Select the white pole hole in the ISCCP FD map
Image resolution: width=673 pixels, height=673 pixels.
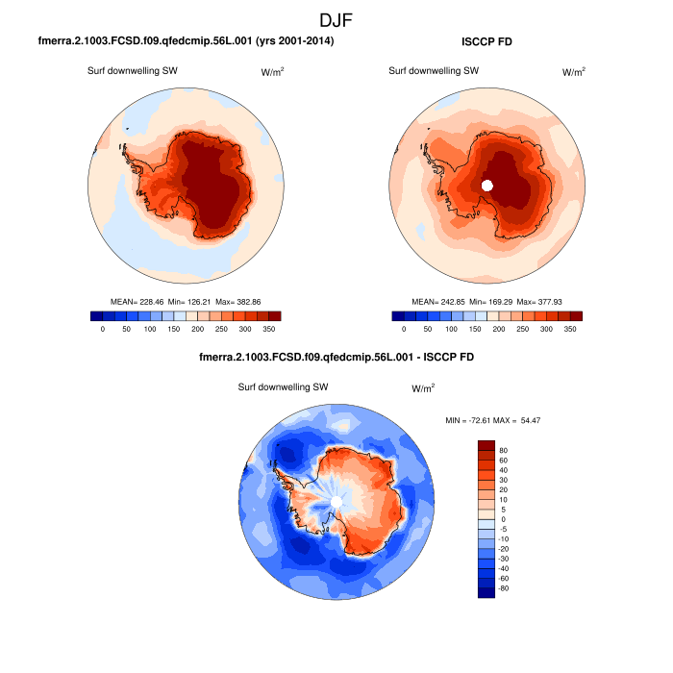click(487, 186)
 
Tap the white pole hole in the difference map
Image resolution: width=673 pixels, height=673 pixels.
click(336, 502)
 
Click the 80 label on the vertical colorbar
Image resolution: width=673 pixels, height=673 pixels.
click(503, 449)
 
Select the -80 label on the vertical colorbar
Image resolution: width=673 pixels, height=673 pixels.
click(505, 588)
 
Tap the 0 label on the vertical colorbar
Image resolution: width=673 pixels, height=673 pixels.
click(501, 519)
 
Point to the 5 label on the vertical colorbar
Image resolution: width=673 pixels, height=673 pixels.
click(501, 509)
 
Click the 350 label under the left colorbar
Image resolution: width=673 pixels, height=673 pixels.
click(268, 329)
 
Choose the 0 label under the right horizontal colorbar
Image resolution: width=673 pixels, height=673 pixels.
click(404, 329)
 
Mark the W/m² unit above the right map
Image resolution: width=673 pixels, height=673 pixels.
click(573, 71)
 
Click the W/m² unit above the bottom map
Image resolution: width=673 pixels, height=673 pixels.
click(423, 387)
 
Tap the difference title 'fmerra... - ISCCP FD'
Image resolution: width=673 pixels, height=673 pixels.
click(336, 357)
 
